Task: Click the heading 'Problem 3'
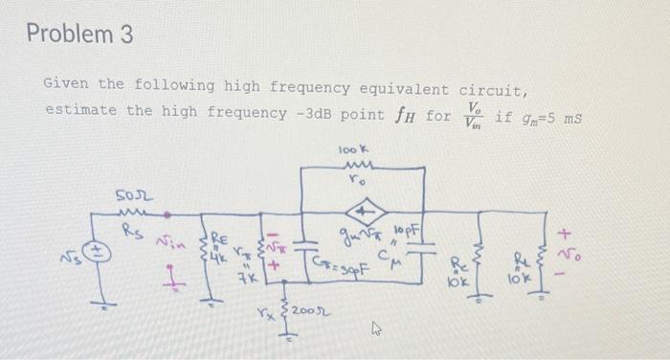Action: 79,35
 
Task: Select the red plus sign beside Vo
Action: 567,233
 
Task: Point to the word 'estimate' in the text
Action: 78,110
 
